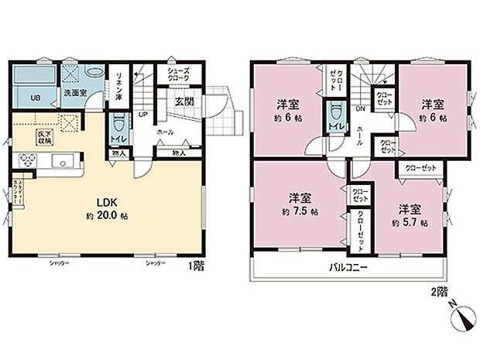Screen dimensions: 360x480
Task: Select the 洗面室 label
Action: tap(74, 94)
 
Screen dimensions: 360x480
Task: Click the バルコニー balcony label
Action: tap(346, 267)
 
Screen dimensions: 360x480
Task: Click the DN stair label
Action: tap(360, 109)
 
